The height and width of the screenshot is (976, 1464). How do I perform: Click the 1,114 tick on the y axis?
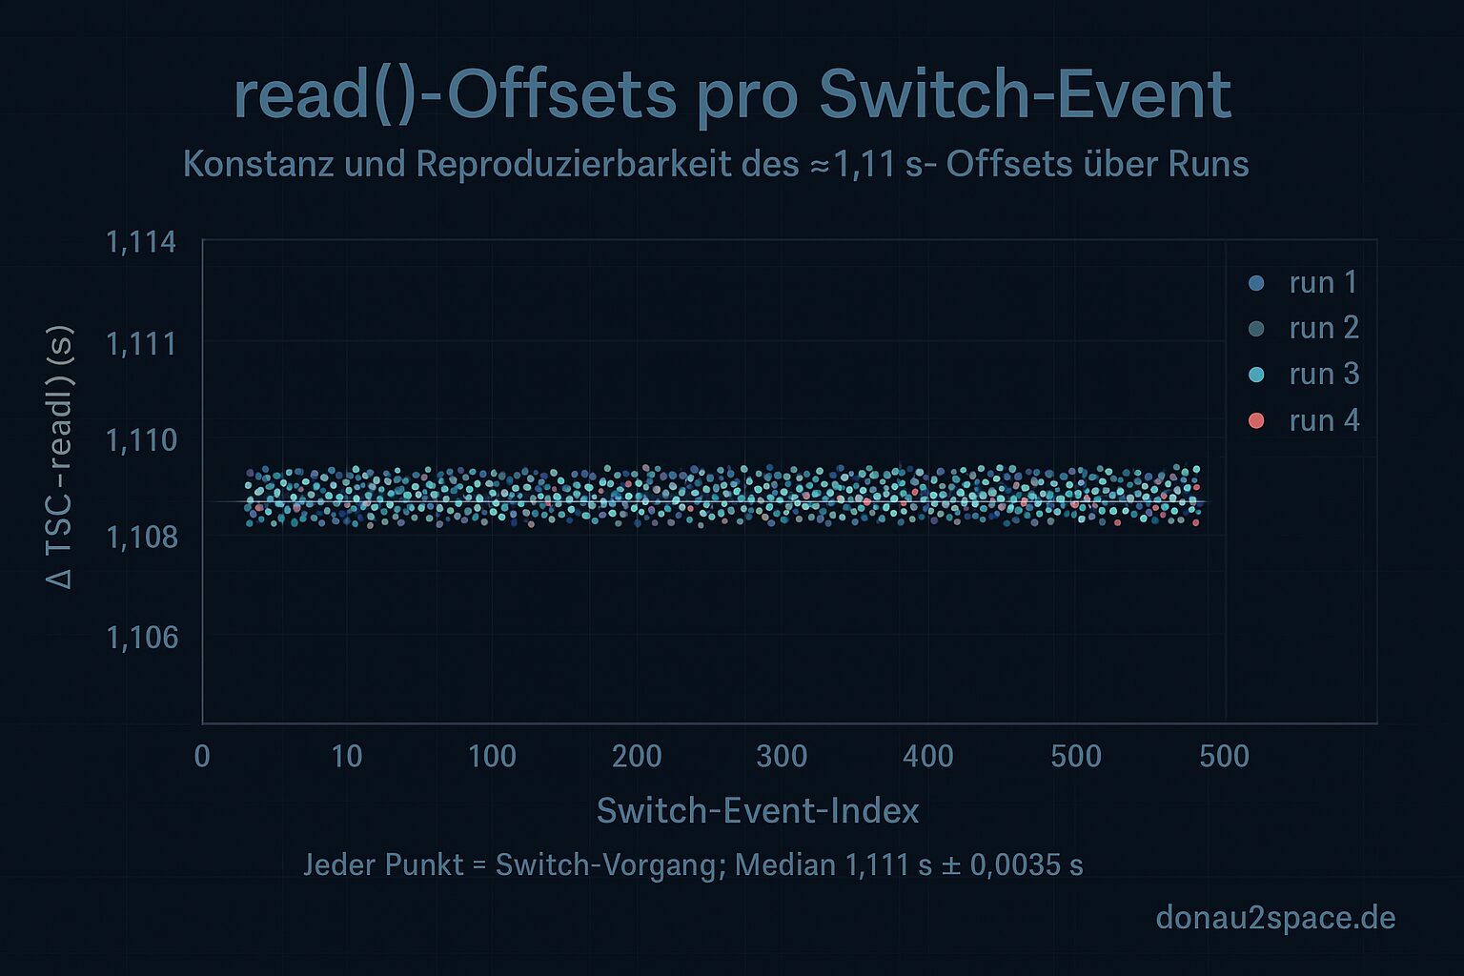141,242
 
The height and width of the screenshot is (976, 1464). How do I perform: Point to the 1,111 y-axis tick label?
141,343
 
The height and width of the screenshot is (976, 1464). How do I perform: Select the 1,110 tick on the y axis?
141,440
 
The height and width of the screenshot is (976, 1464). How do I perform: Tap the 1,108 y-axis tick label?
141,538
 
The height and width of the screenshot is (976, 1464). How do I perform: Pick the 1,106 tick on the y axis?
141,637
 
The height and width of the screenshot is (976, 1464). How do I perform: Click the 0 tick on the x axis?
202,756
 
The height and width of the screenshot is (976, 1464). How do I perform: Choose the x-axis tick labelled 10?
346,756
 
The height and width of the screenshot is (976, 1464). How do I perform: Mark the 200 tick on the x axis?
637,756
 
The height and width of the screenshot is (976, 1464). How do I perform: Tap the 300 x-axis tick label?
782,756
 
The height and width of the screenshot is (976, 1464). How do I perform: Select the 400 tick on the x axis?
927,756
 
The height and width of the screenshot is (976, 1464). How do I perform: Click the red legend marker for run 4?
1256,420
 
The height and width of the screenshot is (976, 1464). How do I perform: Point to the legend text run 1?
1323,282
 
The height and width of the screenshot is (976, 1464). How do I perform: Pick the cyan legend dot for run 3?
1256,375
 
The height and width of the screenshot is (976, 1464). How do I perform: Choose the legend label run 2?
1323,328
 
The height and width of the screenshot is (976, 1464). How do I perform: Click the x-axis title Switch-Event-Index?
758,811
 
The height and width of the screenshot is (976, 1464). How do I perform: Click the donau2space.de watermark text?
1275,918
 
